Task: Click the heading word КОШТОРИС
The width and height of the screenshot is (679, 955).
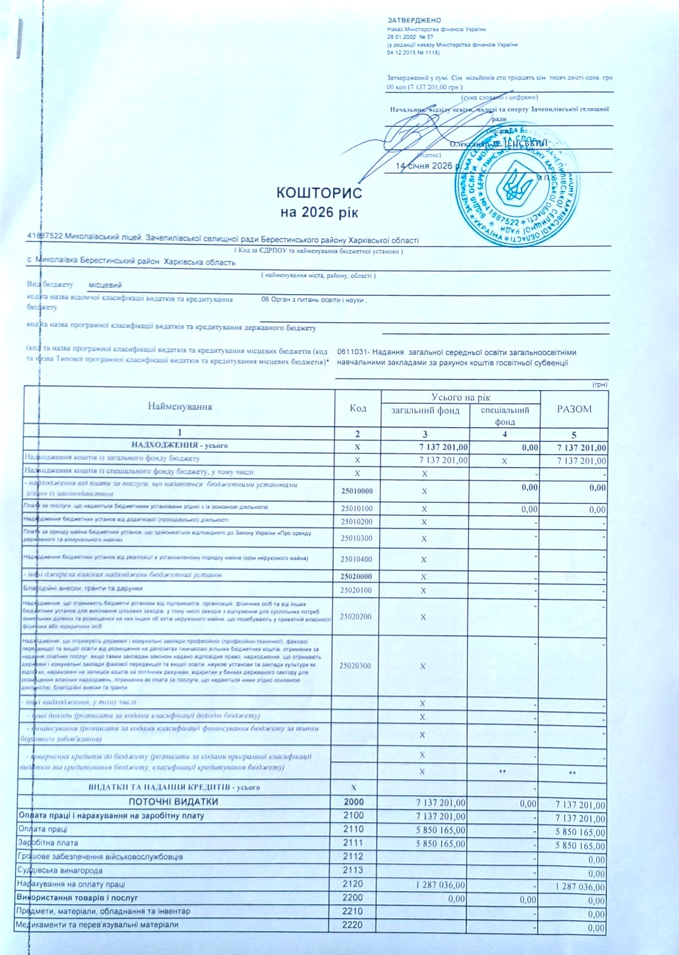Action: click(319, 193)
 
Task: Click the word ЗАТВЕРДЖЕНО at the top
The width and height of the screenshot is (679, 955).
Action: click(414, 21)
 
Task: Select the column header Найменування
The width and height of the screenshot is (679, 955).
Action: click(180, 407)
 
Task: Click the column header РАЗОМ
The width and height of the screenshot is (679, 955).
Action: click(573, 409)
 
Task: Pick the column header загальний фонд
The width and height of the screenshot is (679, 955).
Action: click(425, 410)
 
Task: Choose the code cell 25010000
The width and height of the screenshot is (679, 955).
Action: click(357, 491)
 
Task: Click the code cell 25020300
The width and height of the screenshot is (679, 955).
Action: click(355, 665)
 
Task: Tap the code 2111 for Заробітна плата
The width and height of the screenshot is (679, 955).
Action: click(354, 843)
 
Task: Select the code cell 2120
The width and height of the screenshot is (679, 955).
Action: click(354, 884)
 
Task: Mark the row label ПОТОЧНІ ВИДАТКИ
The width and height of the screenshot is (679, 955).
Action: click(173, 802)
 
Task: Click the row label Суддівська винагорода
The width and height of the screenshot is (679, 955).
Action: click(60, 870)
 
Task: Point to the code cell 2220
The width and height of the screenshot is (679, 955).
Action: click(354, 925)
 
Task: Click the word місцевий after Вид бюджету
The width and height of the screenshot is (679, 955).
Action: click(105, 285)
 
